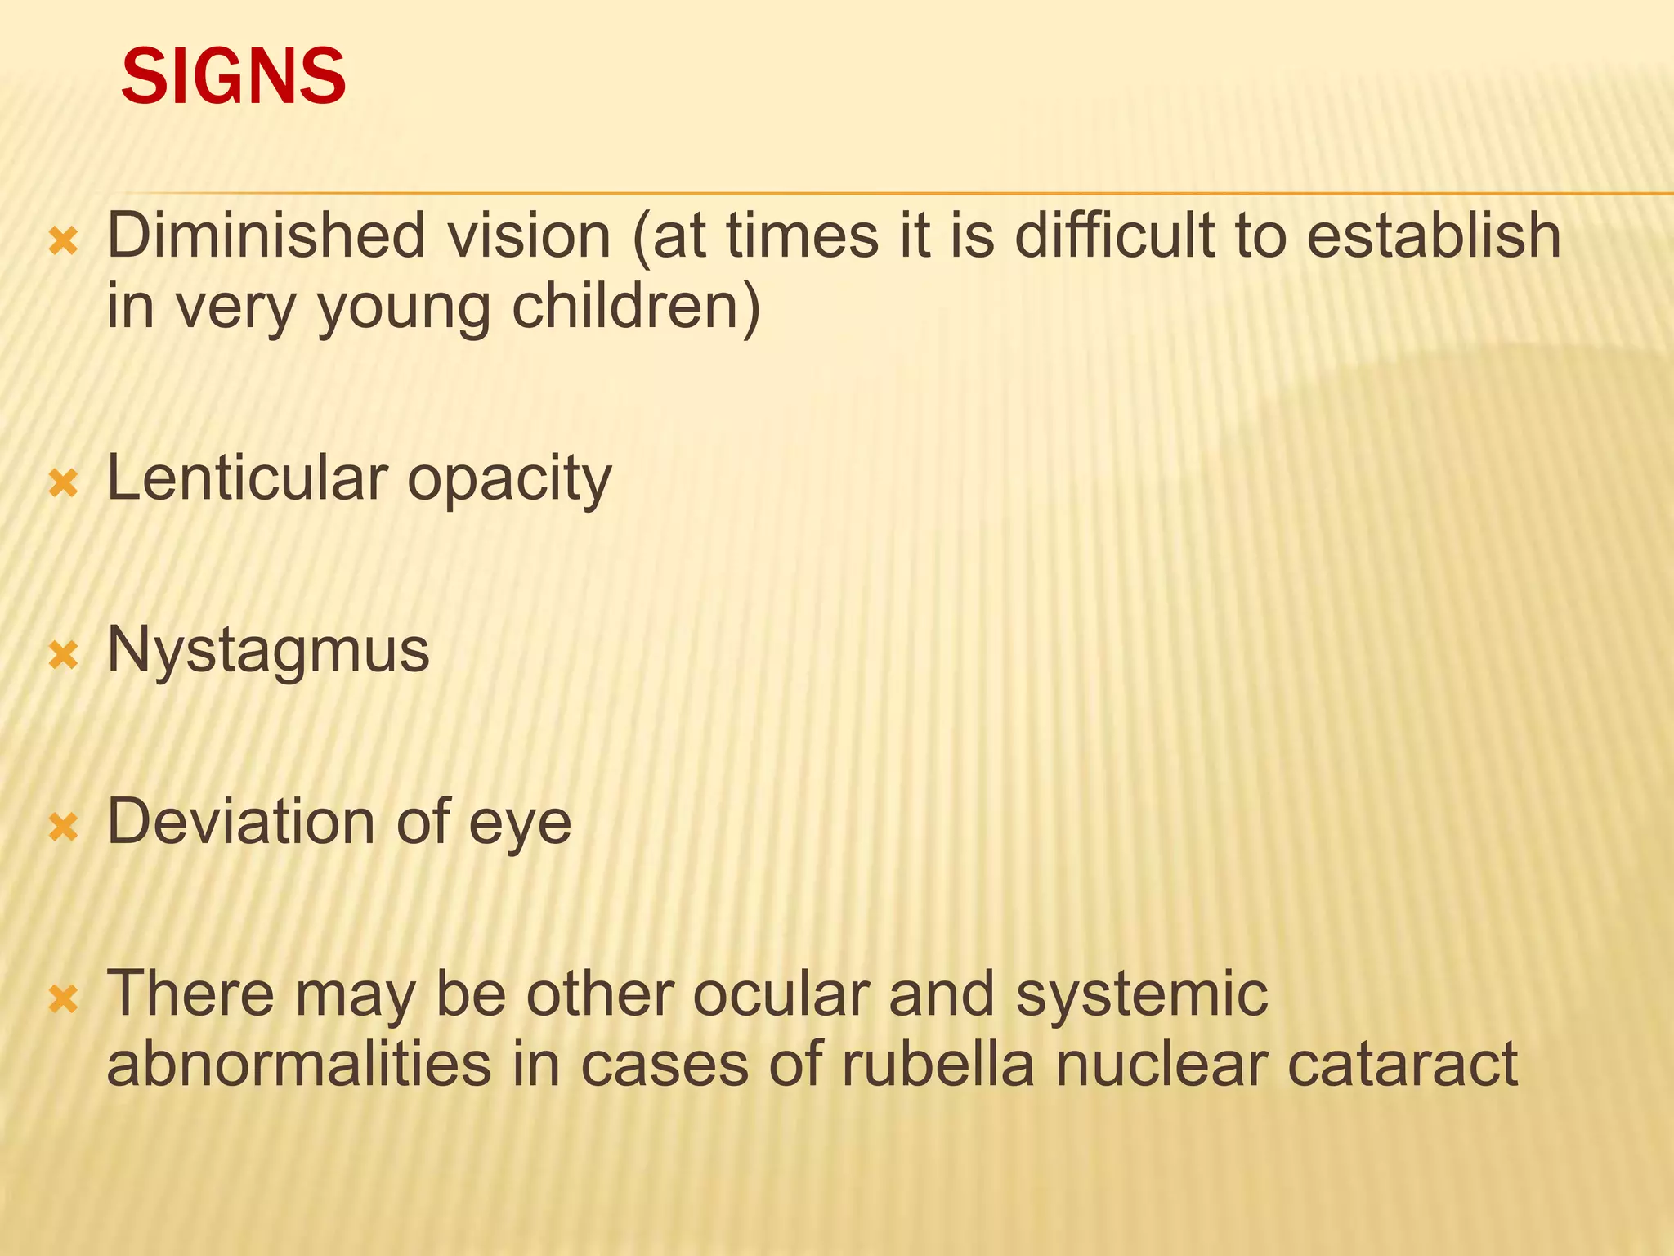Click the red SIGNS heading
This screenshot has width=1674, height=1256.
pos(233,77)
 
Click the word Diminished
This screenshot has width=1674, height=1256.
pos(266,236)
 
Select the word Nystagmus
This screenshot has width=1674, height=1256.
pos(268,653)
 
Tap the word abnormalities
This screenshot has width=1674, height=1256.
pos(299,1065)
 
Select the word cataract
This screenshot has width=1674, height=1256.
pos(1403,1065)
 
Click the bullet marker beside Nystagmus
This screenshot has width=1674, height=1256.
pos(63,655)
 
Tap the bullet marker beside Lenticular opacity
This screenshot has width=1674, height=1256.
pos(63,483)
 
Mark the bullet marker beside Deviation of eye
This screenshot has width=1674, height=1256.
pos(63,827)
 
